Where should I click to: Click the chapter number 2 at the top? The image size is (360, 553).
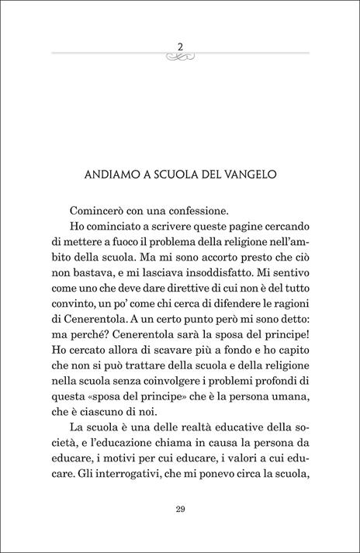(180, 45)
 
